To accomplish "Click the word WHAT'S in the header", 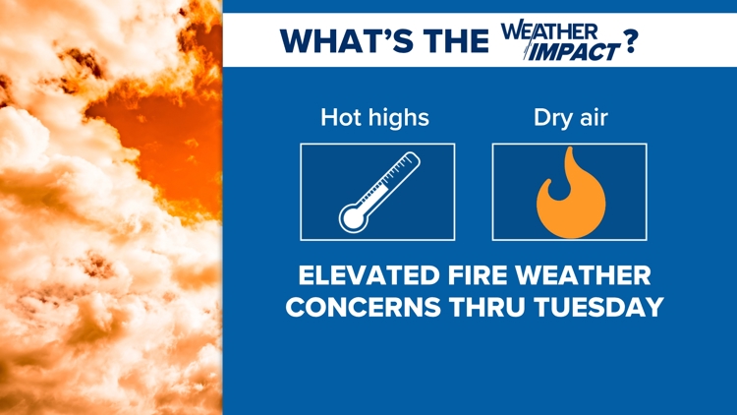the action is pos(347,40).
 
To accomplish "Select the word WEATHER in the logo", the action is pos(549,32).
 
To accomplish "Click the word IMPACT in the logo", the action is pos(574,52).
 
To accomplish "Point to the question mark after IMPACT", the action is pos(631,41).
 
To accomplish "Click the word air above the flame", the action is pos(594,118).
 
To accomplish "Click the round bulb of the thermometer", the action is pos(354,218).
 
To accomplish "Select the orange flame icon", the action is pos(571,193).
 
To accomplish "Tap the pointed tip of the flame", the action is pos(570,148).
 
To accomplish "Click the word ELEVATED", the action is pos(368,275).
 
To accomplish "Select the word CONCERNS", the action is pos(364,307).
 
